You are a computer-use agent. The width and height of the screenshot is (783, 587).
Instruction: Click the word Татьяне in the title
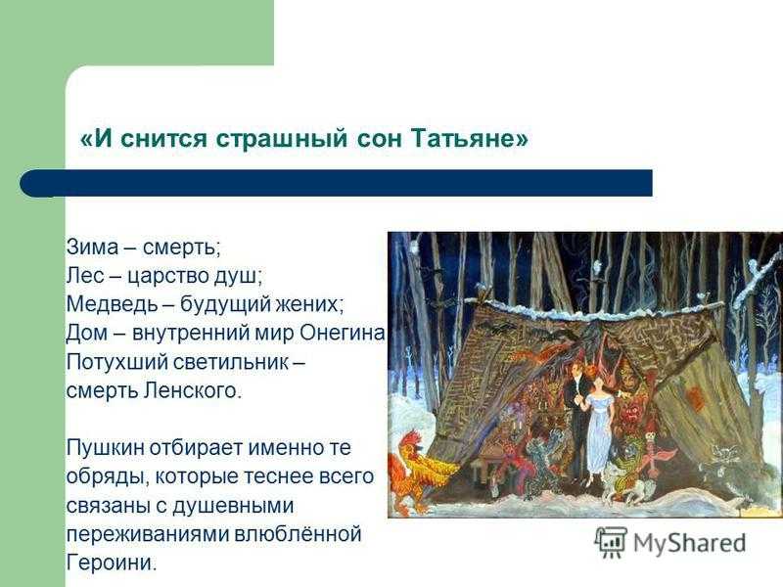pos(470,137)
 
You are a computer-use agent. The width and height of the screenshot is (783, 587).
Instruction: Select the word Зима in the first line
pos(92,247)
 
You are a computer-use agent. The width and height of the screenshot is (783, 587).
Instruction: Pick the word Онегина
pos(343,333)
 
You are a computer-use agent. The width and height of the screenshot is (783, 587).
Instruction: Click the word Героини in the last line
pos(112,562)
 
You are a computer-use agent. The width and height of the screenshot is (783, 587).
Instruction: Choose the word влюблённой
pos(298,533)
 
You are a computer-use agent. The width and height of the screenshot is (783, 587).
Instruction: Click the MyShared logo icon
pos(610,542)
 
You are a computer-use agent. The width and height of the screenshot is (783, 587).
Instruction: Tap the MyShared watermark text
pos(690,544)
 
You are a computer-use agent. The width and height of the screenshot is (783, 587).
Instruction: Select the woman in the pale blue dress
pos(598,429)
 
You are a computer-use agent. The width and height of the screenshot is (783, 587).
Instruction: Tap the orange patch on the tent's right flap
pos(695,397)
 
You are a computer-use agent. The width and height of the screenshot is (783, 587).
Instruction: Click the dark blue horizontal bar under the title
pos(336,183)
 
